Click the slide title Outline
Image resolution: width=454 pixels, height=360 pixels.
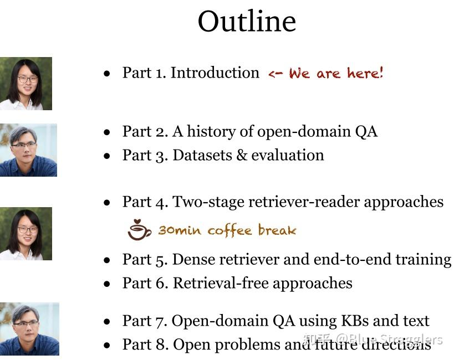coord(247,22)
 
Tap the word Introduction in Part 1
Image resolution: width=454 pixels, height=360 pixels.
coord(215,73)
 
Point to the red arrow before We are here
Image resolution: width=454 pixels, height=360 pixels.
coord(276,74)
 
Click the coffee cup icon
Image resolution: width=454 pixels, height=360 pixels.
coord(139,229)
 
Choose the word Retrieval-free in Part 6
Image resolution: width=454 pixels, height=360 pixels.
coord(221,283)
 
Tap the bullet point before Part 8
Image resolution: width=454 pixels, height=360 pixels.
coord(107,345)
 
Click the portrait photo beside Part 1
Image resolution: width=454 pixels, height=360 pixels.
coord(25,83)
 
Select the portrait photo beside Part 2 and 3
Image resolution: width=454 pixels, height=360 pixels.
coord(28,150)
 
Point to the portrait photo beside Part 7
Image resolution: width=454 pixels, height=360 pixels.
coord(29,328)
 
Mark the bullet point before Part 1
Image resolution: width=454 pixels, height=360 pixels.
coord(107,73)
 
